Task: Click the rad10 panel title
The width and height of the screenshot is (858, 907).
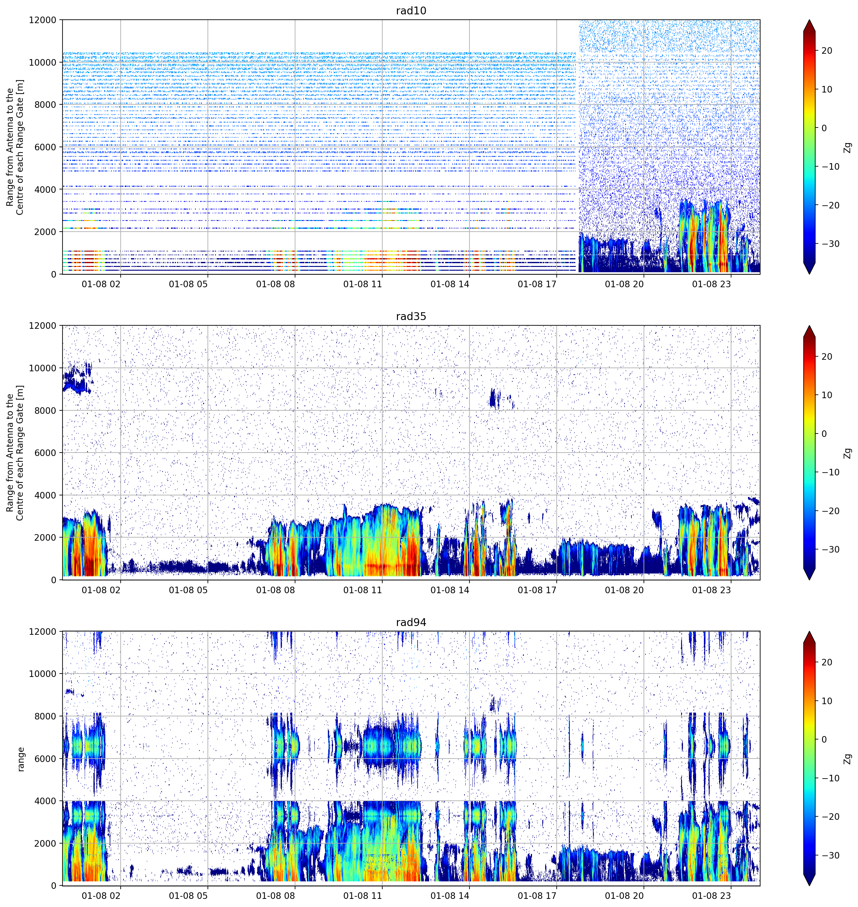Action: pyautogui.click(x=411, y=11)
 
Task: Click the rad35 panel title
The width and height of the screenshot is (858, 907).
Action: pyautogui.click(x=411, y=317)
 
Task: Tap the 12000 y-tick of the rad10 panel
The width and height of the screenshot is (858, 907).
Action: pyautogui.click(x=43, y=20)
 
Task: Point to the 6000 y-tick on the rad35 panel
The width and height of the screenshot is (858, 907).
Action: pyautogui.click(x=45, y=453)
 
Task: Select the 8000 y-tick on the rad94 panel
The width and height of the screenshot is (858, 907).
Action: pyautogui.click(x=45, y=716)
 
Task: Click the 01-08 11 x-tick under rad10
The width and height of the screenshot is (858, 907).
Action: pyautogui.click(x=362, y=284)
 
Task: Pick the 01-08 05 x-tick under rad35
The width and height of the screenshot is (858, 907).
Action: pyautogui.click(x=188, y=590)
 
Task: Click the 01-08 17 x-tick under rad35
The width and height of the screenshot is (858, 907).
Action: pyautogui.click(x=537, y=590)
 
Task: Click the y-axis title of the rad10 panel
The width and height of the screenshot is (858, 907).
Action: pyautogui.click(x=15, y=147)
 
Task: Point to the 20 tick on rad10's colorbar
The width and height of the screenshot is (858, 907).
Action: pyautogui.click(x=827, y=51)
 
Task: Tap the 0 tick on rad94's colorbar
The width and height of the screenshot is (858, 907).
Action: pyautogui.click(x=824, y=739)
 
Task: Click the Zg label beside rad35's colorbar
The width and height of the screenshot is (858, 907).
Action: pyautogui.click(x=847, y=453)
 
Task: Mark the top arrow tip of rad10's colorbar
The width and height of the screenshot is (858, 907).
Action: pyautogui.click(x=809, y=20)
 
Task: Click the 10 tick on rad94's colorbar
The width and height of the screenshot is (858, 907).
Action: pyautogui.click(x=827, y=701)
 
